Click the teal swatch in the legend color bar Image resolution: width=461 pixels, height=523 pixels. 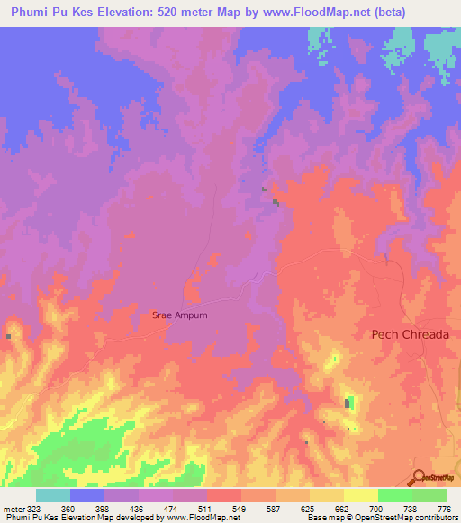(53, 495)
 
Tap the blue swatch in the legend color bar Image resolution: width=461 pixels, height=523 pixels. (87, 495)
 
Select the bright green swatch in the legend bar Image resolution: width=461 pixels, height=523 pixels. (394, 495)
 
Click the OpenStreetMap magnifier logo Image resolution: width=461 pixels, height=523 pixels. (420, 477)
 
